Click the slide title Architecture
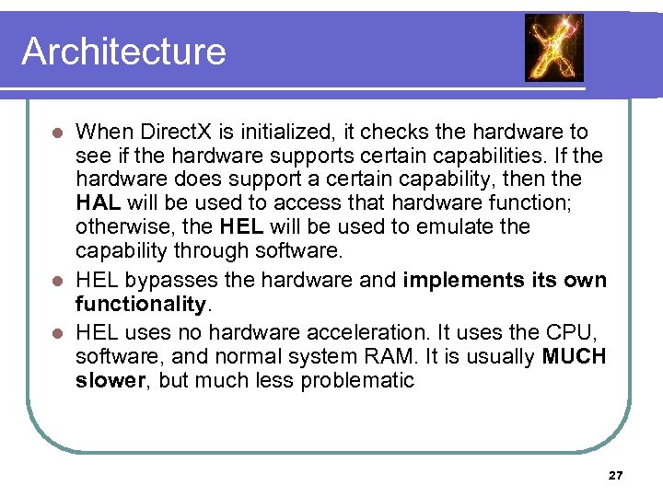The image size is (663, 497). (123, 51)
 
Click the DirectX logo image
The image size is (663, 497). (553, 48)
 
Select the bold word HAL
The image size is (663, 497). (99, 202)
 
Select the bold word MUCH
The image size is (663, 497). (575, 356)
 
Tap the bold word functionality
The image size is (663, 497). (140, 304)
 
